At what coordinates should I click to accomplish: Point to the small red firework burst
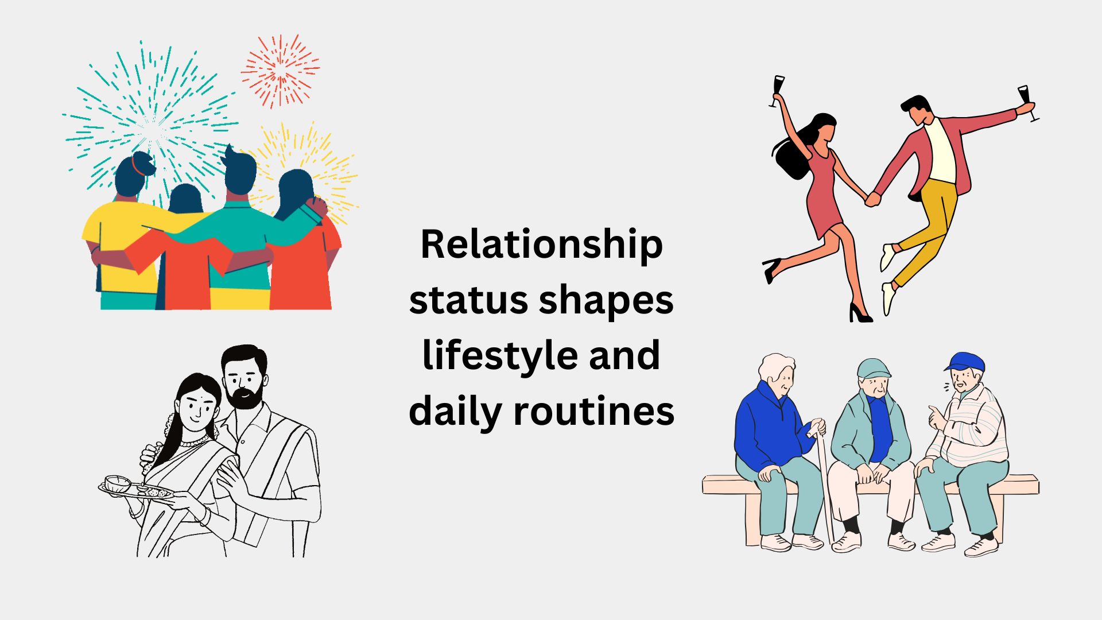280,71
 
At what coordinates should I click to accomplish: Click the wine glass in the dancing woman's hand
778,89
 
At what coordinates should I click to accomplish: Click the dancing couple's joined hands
872,199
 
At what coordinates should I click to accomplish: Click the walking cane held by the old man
824,482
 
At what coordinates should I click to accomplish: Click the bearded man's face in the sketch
244,382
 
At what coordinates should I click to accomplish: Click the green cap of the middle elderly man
873,368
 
